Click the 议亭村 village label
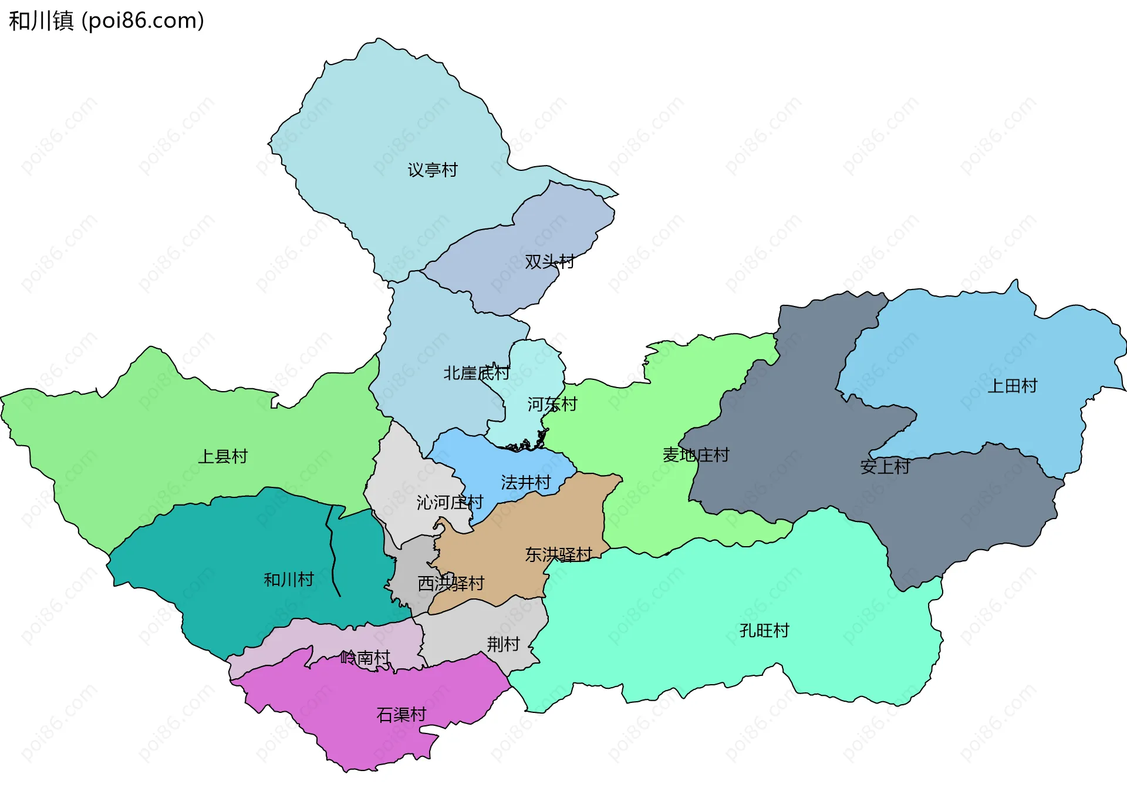pos(433,170)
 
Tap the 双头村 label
pos(549,261)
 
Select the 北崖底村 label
pos(476,373)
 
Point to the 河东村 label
pos(552,404)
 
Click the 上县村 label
pos(222,456)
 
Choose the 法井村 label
pos(525,483)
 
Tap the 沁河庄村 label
pos(450,503)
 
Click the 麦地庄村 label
pos(696,455)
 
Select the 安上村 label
pos(885,467)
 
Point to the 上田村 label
pos(1013,386)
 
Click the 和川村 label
pos(289,580)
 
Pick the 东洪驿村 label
pos(558,554)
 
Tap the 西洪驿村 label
pos(451,583)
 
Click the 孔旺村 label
pos(764,631)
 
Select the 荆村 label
pos(503,644)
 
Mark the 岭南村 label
pos(365,658)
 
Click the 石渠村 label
pos(401,715)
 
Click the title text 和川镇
pos(41,21)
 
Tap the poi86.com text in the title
pos(143,21)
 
